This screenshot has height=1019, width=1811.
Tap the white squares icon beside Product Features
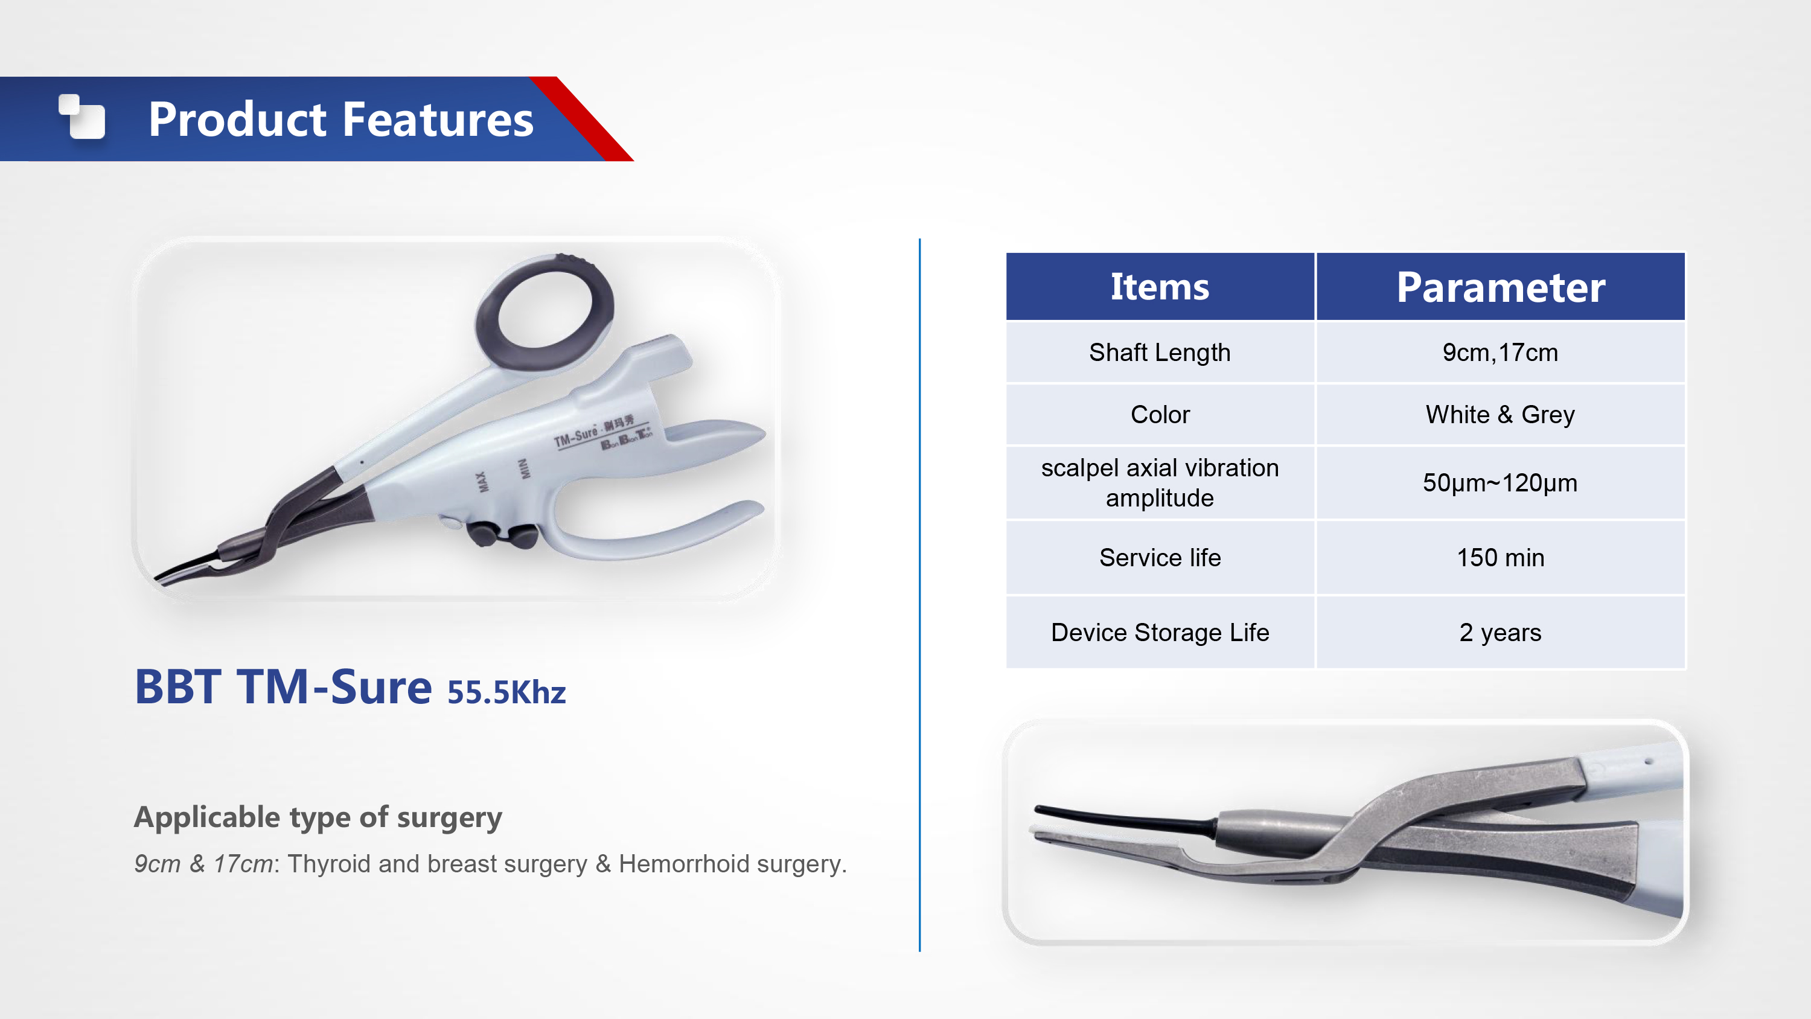pyautogui.click(x=81, y=116)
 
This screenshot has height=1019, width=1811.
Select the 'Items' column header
pyautogui.click(x=1160, y=287)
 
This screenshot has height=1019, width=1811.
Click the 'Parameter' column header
pyautogui.click(x=1501, y=287)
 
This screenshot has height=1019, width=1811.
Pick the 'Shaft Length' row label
pyautogui.click(x=1160, y=353)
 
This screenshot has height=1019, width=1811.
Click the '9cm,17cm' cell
pyautogui.click(x=1500, y=353)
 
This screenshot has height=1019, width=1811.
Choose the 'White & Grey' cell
pyautogui.click(x=1500, y=414)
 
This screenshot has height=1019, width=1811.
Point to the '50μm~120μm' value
pyautogui.click(x=1500, y=483)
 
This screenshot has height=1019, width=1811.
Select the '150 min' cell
pyautogui.click(x=1500, y=558)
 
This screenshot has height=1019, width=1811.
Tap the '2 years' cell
pyautogui.click(x=1500, y=632)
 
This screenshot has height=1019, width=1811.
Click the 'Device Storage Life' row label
pyautogui.click(x=1160, y=632)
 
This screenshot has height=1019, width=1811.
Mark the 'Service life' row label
pyautogui.click(x=1160, y=558)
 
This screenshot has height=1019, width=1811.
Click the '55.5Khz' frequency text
pyautogui.click(x=506, y=692)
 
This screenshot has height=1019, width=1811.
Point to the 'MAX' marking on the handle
pyautogui.click(x=482, y=482)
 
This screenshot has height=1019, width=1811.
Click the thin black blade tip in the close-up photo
pyautogui.click(x=1125, y=817)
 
